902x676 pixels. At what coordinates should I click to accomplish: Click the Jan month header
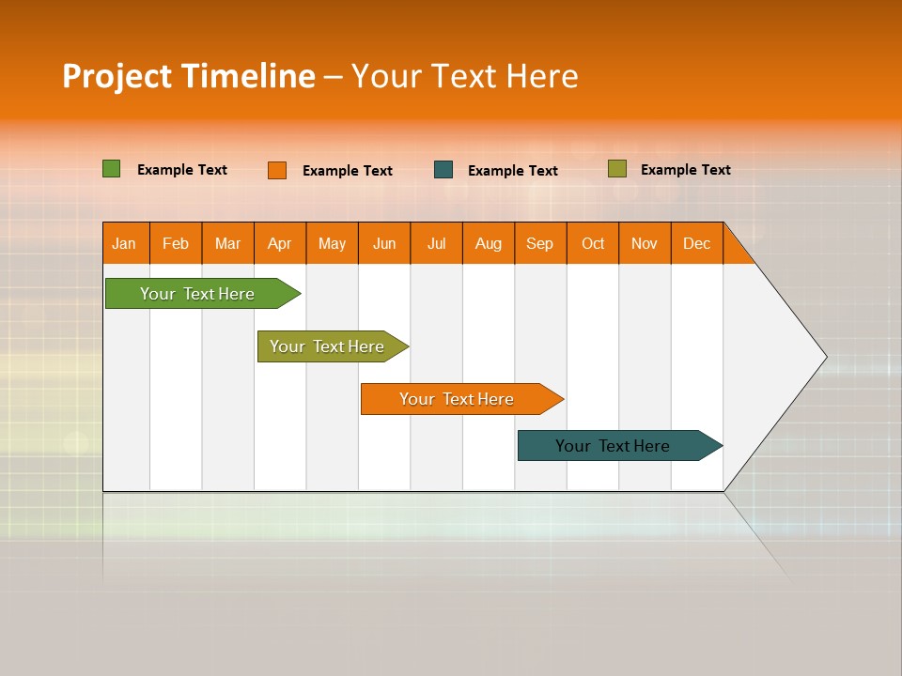[x=125, y=244]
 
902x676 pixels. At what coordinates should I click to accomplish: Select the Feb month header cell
[x=176, y=244]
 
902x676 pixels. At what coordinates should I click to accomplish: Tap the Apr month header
[x=280, y=244]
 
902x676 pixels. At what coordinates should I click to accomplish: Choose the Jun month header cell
[x=384, y=244]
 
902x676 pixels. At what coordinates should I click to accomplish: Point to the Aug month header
[x=489, y=244]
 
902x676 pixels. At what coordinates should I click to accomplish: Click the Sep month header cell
[x=540, y=244]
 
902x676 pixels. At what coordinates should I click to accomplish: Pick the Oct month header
[x=593, y=244]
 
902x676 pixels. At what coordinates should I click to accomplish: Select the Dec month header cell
[x=697, y=244]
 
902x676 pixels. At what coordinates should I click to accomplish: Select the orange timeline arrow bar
[x=458, y=399]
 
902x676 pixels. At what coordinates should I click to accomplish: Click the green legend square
[x=112, y=169]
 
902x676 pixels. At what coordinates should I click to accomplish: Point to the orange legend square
[x=277, y=170]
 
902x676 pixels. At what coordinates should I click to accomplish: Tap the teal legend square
[x=443, y=170]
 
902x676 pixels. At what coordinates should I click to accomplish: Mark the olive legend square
[x=616, y=169]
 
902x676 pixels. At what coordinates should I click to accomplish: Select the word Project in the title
[x=117, y=76]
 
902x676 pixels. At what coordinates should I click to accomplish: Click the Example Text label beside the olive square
[x=685, y=170]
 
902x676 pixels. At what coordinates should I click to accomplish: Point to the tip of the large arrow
[x=824, y=357]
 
